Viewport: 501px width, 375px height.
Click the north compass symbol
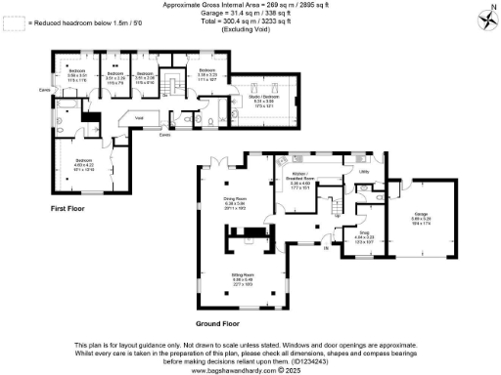486,18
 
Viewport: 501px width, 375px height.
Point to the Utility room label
363,172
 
